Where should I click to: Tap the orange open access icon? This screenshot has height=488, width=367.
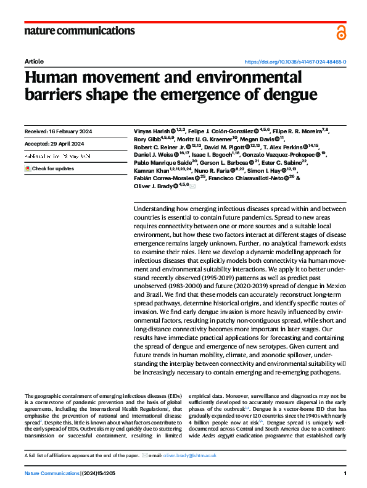pyautogui.click(x=341, y=33)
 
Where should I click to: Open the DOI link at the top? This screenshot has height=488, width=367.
pyautogui.click(x=295, y=62)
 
